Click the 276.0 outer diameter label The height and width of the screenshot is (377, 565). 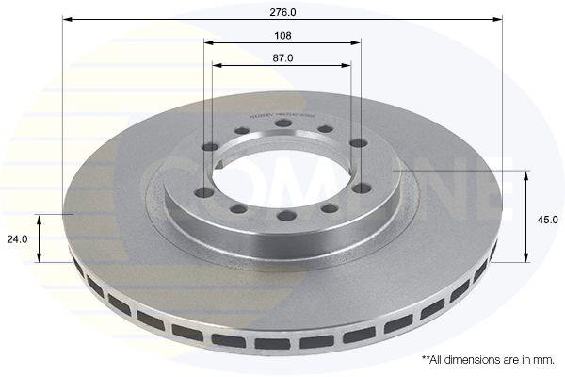click(282, 11)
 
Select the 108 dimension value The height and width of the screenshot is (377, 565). click(282, 35)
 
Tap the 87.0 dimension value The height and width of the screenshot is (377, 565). click(282, 57)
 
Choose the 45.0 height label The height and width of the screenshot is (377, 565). click(548, 219)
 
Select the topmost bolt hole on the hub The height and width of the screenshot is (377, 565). click(283, 123)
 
